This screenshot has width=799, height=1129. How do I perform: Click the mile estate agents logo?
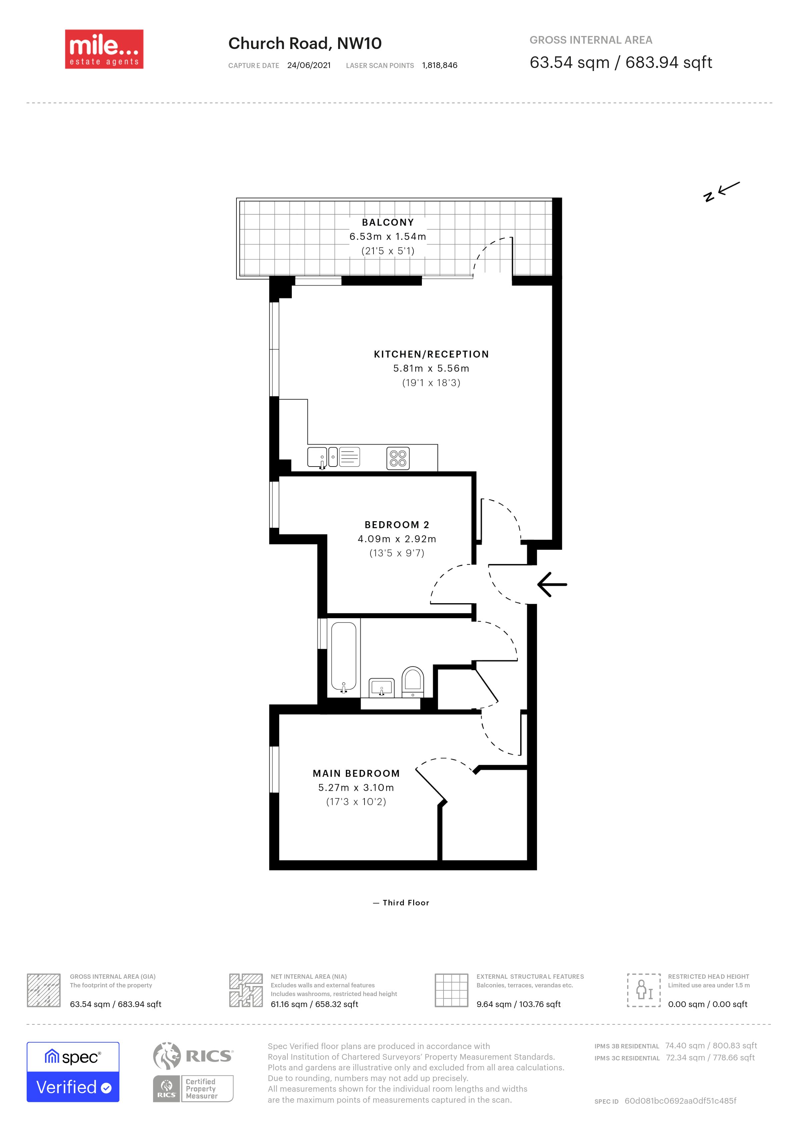coord(104,49)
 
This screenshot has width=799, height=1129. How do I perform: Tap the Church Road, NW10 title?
coord(305,43)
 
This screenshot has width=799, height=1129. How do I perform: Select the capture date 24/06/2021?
coord(309,65)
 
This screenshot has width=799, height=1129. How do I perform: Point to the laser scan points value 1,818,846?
coord(440,65)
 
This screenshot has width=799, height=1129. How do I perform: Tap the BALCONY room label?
coord(388,222)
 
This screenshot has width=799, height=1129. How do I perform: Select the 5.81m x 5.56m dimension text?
coord(431,368)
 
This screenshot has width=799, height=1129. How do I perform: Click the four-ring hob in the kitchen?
coord(398,458)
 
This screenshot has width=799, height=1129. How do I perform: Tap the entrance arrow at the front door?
coord(552,584)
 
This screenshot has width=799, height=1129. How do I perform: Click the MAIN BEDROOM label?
coord(356,773)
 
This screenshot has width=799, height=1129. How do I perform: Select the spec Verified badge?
coord(73,1072)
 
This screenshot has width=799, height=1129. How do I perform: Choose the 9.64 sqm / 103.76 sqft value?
coord(519,1004)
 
